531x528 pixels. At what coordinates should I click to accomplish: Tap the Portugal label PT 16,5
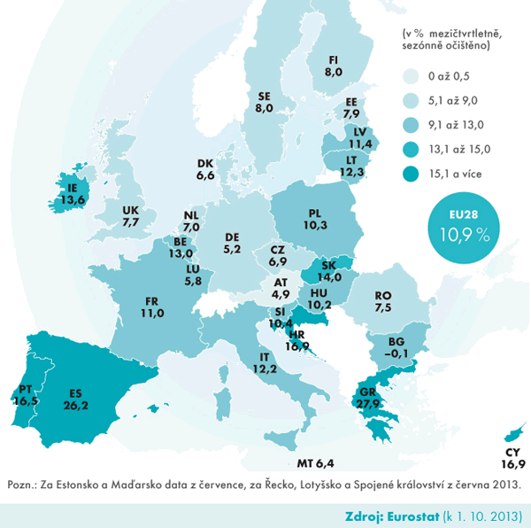click(x=26, y=393)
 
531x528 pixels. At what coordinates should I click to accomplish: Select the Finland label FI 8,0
click(x=334, y=66)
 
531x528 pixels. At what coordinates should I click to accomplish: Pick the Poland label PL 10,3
click(x=314, y=220)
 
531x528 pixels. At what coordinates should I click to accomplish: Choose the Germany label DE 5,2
click(x=233, y=244)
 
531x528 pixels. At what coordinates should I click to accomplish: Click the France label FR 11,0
click(x=154, y=307)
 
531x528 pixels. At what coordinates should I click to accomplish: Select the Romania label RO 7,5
click(x=383, y=301)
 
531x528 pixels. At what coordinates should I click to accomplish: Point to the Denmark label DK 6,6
click(x=205, y=170)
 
